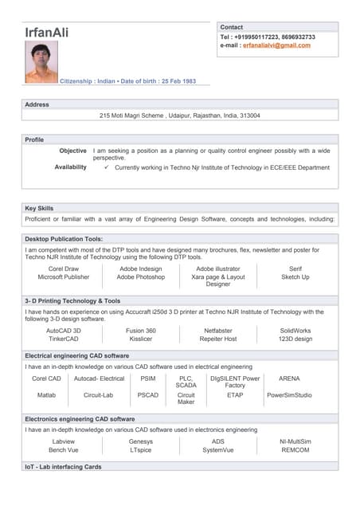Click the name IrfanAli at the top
46,32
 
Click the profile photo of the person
41,62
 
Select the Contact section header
232,27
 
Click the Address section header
37,104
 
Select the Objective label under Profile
72,151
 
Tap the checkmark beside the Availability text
107,168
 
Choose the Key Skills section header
39,208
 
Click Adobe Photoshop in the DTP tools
140,277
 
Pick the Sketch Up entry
295,277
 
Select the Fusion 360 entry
140,330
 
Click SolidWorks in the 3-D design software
295,330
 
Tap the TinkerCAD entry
63,339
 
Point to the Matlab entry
46,394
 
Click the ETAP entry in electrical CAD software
234,394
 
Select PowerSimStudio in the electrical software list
289,394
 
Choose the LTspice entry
140,450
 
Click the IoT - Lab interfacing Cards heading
63,466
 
